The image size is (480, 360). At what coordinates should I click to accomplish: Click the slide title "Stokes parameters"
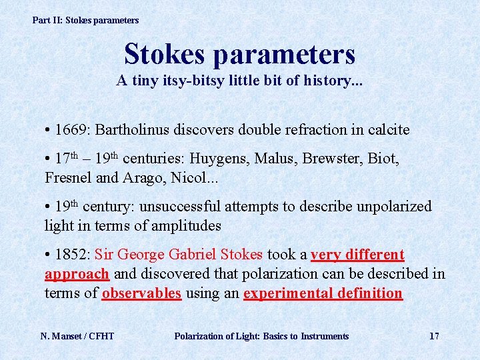click(239, 54)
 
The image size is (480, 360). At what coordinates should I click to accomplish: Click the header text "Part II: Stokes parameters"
click(85, 20)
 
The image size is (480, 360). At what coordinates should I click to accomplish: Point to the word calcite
click(389, 129)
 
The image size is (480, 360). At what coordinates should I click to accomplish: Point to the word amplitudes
click(187, 225)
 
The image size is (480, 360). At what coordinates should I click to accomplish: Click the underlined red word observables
click(141, 293)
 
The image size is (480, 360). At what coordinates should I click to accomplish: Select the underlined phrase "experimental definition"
click(323, 293)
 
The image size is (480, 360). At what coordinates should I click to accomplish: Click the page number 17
click(434, 336)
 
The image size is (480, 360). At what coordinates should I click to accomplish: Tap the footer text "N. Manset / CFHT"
click(77, 336)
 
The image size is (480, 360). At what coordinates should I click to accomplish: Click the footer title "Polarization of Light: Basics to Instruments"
click(261, 336)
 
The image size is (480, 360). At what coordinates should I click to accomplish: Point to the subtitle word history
click(325, 81)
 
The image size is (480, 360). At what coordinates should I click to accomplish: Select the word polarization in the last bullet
click(291, 274)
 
